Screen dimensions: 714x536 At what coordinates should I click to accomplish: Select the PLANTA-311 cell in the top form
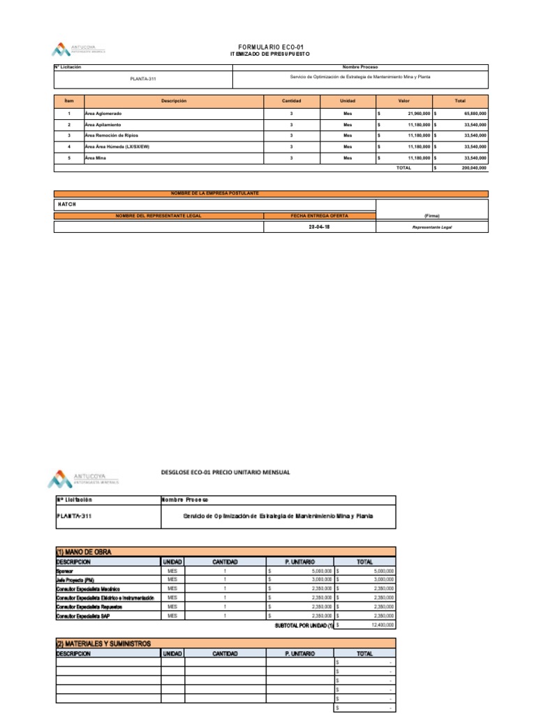click(x=142, y=78)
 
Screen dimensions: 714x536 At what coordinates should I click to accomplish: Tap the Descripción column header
click(x=174, y=101)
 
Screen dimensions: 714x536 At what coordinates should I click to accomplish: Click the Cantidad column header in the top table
click(x=291, y=101)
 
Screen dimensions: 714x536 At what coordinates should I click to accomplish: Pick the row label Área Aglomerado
click(x=103, y=113)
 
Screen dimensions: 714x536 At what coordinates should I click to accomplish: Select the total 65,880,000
click(x=475, y=113)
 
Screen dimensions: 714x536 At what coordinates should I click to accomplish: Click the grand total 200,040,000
click(x=474, y=168)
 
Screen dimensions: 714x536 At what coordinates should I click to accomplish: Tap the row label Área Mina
click(x=96, y=158)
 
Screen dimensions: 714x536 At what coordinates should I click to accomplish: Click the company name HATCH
click(x=66, y=204)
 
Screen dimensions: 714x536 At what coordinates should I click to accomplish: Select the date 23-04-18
click(x=319, y=227)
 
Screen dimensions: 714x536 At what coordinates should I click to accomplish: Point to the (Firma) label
click(x=431, y=215)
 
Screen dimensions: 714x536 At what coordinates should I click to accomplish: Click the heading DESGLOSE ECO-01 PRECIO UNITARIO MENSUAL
click(x=225, y=473)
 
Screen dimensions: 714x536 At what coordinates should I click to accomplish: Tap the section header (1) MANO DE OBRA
click(x=83, y=552)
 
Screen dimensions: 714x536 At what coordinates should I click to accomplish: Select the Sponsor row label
click(x=64, y=570)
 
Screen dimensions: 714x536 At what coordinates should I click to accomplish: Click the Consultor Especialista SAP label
click(x=84, y=616)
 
